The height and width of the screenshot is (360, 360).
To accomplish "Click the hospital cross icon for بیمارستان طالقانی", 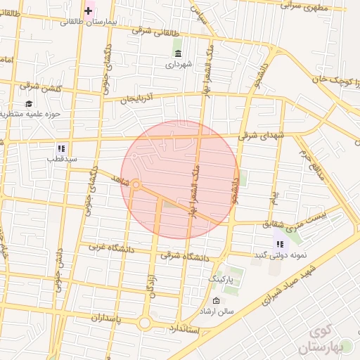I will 88,11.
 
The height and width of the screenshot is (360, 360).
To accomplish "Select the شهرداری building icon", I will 177,53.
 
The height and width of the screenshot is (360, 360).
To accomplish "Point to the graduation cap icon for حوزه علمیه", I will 29,103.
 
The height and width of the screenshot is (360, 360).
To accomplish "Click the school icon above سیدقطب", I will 61,148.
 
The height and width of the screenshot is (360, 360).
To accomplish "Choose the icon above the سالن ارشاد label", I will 215,300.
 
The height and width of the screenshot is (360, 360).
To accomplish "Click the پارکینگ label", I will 222,280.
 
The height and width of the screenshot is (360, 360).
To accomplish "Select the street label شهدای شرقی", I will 262,134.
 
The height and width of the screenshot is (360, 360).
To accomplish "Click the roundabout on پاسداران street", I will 145,323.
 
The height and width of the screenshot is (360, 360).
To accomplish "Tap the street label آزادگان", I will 150,288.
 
